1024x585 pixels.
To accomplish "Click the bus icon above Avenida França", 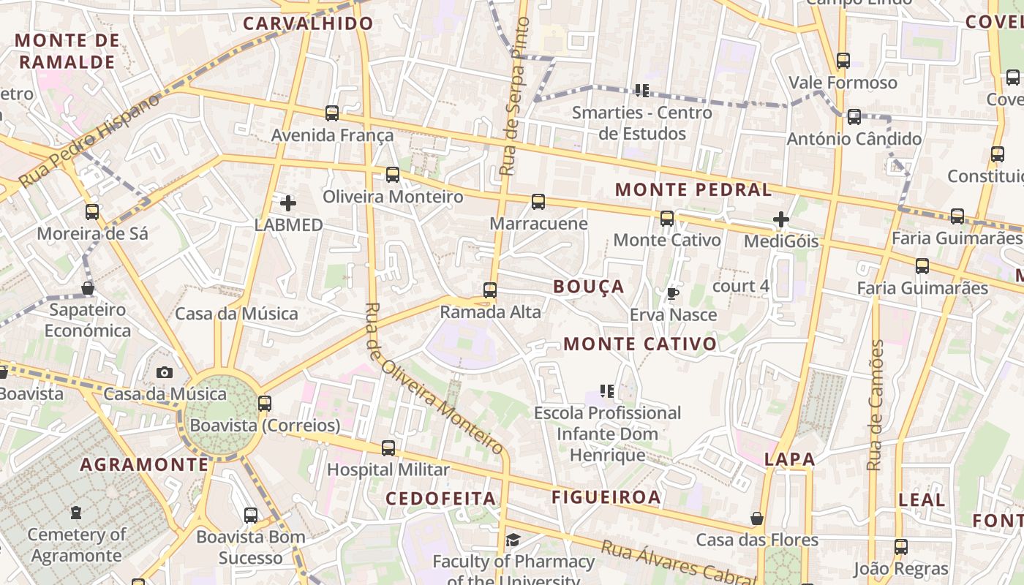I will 332,113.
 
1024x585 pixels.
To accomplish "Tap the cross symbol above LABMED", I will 288,203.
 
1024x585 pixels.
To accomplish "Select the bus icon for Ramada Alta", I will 490,290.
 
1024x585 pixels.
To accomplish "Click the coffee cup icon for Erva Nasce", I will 672,294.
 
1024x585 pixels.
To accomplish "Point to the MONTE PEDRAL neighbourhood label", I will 693,190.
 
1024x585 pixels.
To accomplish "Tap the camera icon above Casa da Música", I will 165,372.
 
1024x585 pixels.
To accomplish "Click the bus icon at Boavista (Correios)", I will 265,403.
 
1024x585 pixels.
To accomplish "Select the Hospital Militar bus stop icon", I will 388,448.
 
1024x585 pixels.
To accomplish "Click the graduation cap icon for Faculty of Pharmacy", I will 513,540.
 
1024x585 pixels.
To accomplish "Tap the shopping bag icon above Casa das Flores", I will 757,518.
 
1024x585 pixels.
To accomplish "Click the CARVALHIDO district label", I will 308,23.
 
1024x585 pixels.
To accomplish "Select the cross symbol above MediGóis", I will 781,219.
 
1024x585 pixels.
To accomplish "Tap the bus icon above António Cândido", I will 854,117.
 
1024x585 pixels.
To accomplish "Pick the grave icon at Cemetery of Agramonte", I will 76,513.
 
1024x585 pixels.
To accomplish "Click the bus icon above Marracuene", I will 538,202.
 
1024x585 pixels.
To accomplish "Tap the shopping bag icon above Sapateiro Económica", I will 88,288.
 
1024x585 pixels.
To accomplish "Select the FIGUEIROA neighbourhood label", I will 606,497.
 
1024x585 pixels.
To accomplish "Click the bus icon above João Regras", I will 901,546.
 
